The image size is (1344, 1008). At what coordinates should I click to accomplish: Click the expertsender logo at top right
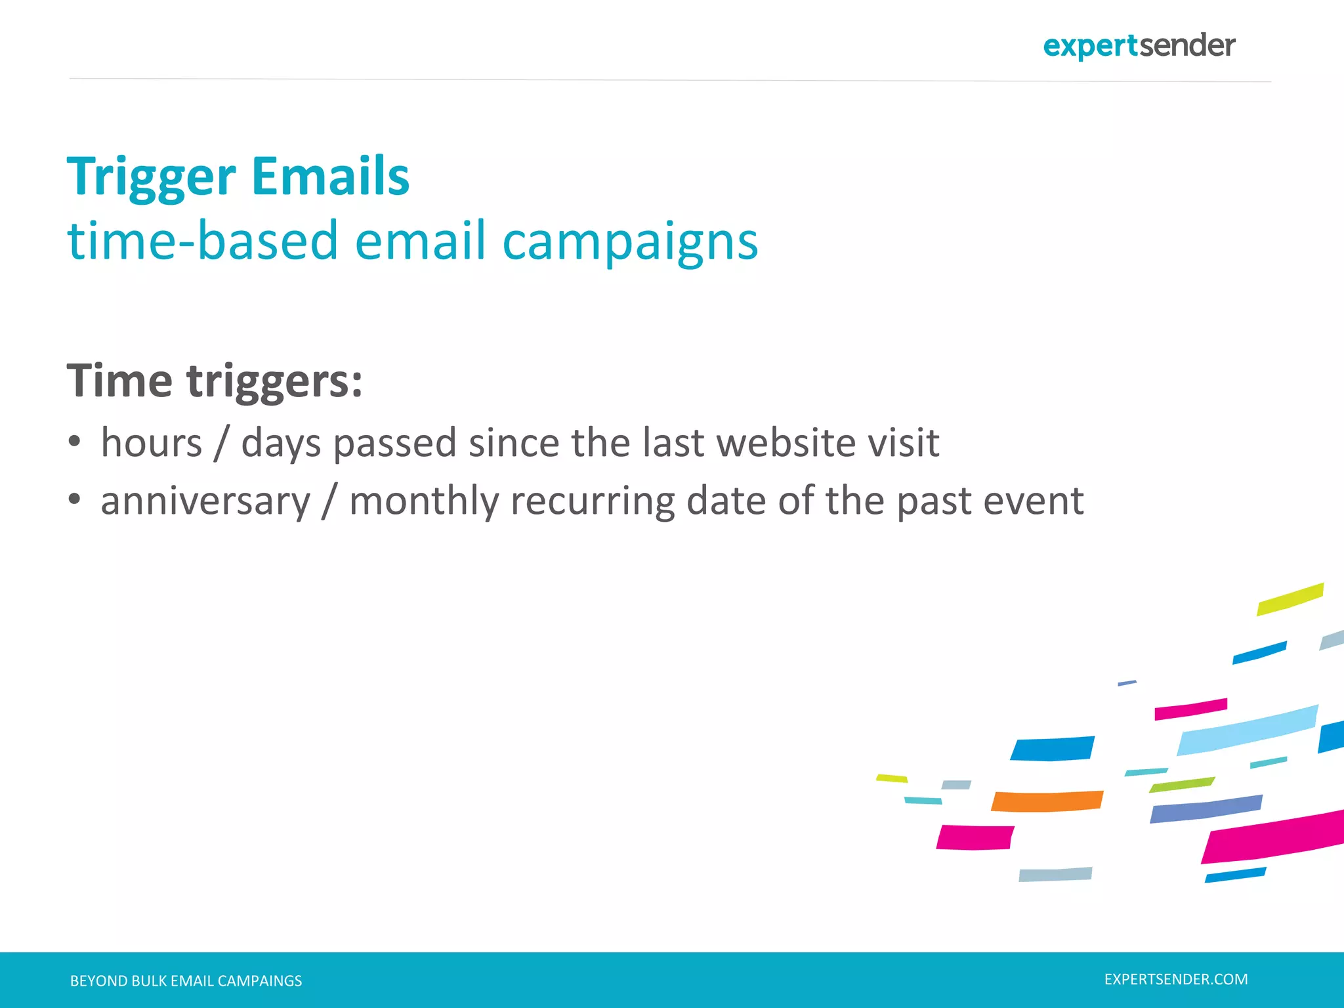tap(1139, 46)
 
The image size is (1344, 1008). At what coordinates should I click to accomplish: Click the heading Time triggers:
tap(215, 381)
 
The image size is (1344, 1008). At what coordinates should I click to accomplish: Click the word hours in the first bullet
tap(152, 442)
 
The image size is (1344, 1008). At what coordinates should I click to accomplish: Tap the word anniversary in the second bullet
tap(205, 501)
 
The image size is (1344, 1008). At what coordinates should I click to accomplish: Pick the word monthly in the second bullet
tap(424, 501)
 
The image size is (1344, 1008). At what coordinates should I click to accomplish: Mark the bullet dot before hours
tap(74, 442)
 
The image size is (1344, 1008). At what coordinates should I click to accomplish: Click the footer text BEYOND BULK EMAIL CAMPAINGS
tap(186, 981)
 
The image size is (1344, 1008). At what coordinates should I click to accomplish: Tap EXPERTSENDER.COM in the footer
tap(1176, 979)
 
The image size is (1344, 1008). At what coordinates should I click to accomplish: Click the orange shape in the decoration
tap(1047, 801)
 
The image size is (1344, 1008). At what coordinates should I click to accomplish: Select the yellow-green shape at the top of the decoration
tap(1290, 599)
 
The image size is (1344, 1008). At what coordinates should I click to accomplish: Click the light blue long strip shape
tap(1247, 730)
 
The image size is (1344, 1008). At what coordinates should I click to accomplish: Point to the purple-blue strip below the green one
tap(1206, 809)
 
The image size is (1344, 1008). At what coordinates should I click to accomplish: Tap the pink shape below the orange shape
tap(975, 837)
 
